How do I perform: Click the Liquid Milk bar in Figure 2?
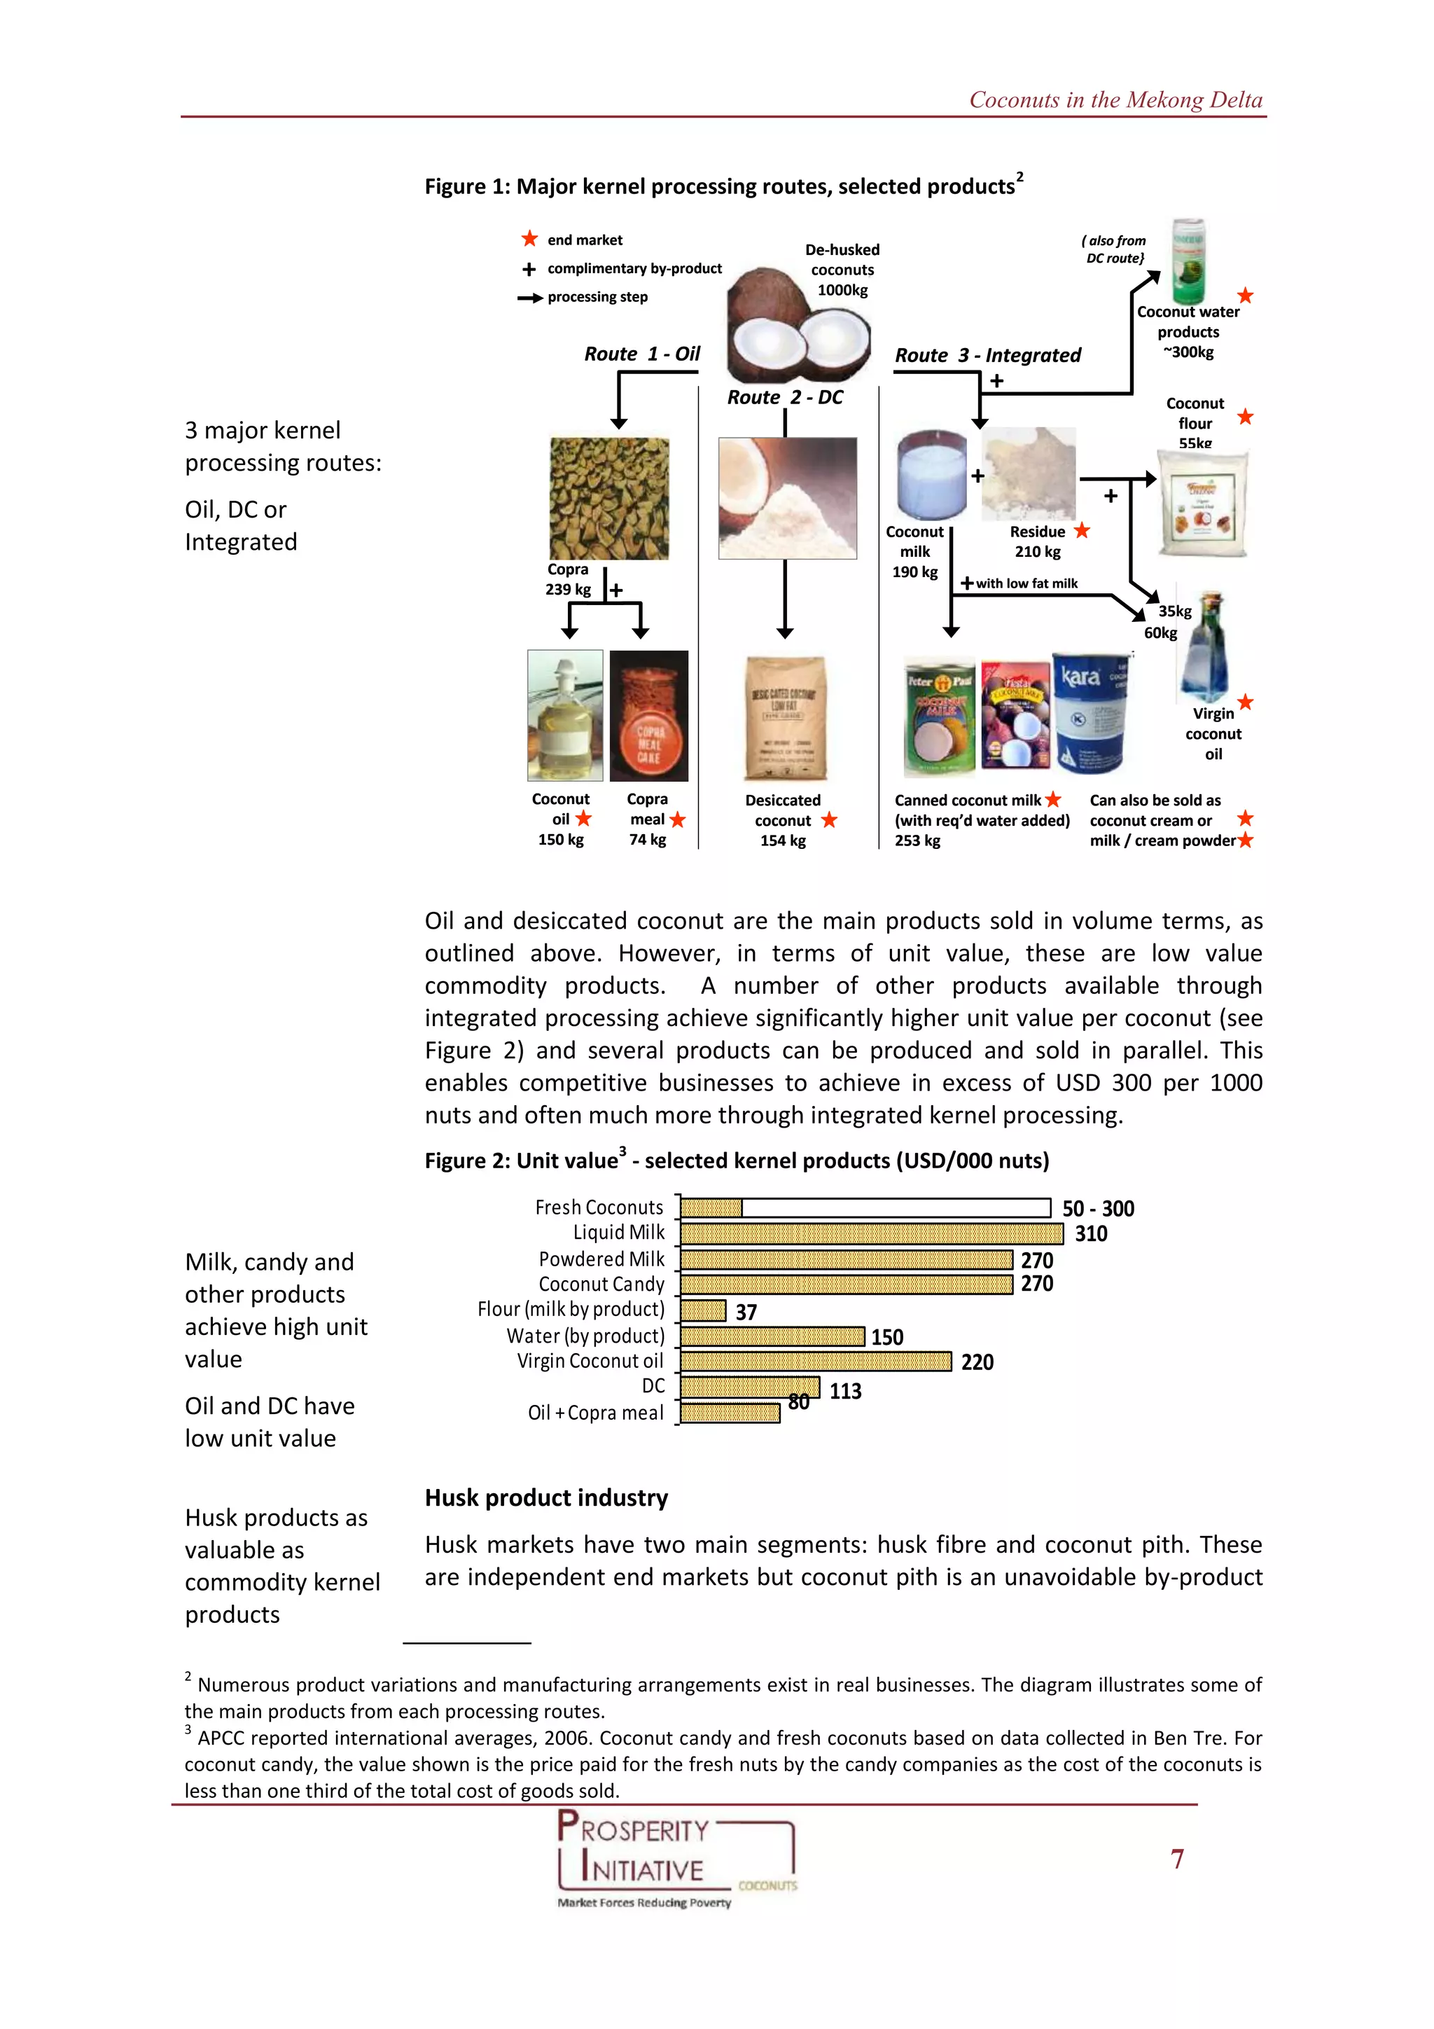pos(870,1233)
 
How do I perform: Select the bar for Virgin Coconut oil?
pos(814,1361)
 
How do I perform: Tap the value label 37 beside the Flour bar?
pos(746,1313)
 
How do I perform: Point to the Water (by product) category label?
pos(585,1336)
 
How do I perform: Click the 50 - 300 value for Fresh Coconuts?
pos(1097,1208)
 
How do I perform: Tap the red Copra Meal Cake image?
pos(648,716)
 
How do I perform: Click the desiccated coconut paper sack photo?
pos(785,719)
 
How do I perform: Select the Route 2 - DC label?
pos(785,398)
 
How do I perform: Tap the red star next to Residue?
pos(1082,530)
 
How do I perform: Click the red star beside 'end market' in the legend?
pos(529,240)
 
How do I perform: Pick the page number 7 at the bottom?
pos(1177,1860)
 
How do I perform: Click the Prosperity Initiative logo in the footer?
pos(676,1857)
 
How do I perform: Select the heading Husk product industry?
pos(546,1498)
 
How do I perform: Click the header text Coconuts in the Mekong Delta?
pos(1115,100)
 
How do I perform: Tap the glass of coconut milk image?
pos(931,475)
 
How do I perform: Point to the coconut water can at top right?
pos(1188,261)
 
